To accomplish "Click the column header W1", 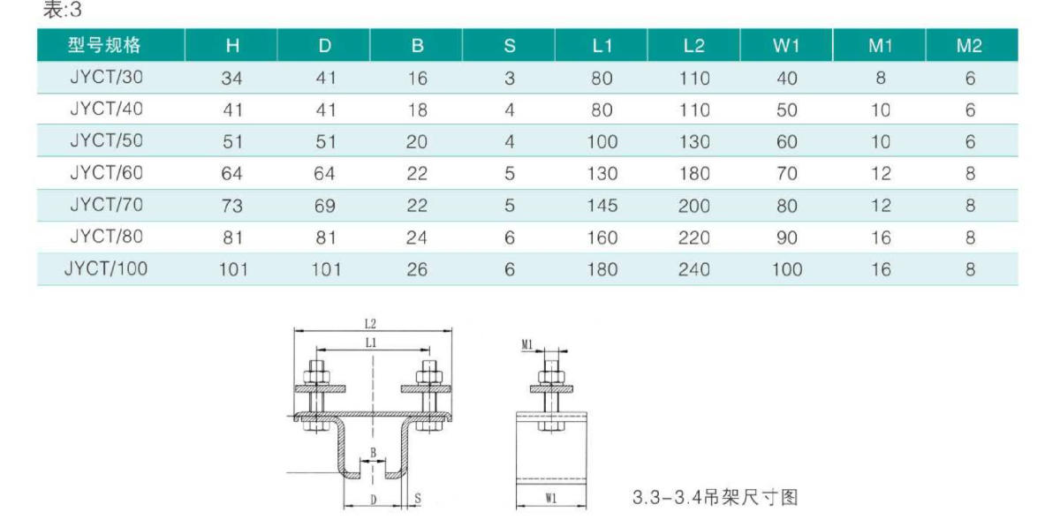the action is point(786,45).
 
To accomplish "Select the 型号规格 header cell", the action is point(104,45).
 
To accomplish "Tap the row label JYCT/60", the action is point(107,172).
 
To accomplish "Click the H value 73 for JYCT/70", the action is point(231,205).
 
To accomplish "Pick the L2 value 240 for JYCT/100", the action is point(693,269).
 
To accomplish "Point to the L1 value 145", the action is point(602,205).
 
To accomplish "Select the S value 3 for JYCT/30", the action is point(509,78).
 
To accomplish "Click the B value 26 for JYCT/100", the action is point(417,269).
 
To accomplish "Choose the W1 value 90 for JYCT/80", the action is point(786,237).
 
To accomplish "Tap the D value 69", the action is point(324,205).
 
